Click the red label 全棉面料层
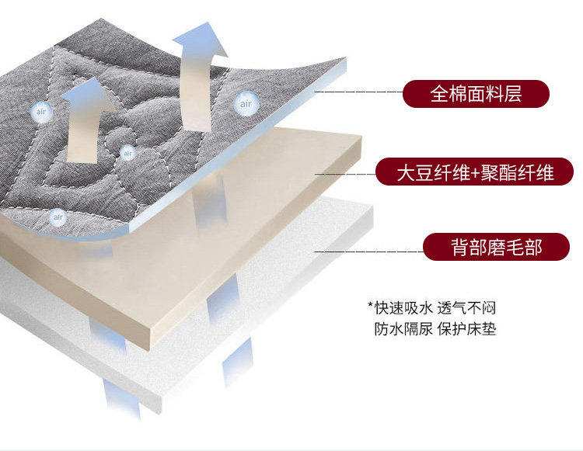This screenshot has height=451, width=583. (x=476, y=95)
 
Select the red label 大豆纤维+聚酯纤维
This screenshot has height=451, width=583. (x=475, y=172)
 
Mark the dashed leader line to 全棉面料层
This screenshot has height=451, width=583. (x=358, y=92)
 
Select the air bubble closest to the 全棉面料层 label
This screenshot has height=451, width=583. (x=246, y=102)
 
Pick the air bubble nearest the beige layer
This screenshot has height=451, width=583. (x=57, y=217)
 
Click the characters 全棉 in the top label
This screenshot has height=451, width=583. (x=448, y=95)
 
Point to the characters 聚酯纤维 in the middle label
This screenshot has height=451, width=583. (x=518, y=172)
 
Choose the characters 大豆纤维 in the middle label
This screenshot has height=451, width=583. (x=424, y=172)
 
